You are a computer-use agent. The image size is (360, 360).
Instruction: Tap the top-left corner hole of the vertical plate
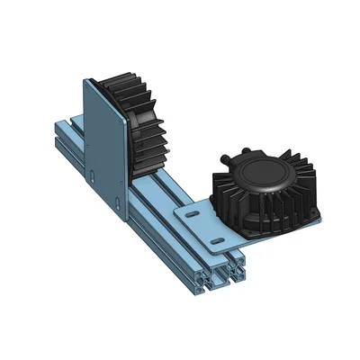pyautogui.click(x=88, y=85)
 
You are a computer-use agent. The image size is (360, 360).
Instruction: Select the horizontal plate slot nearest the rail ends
pyautogui.click(x=217, y=242)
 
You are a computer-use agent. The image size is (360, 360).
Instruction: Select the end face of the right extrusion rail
pyautogui.click(x=236, y=270)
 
